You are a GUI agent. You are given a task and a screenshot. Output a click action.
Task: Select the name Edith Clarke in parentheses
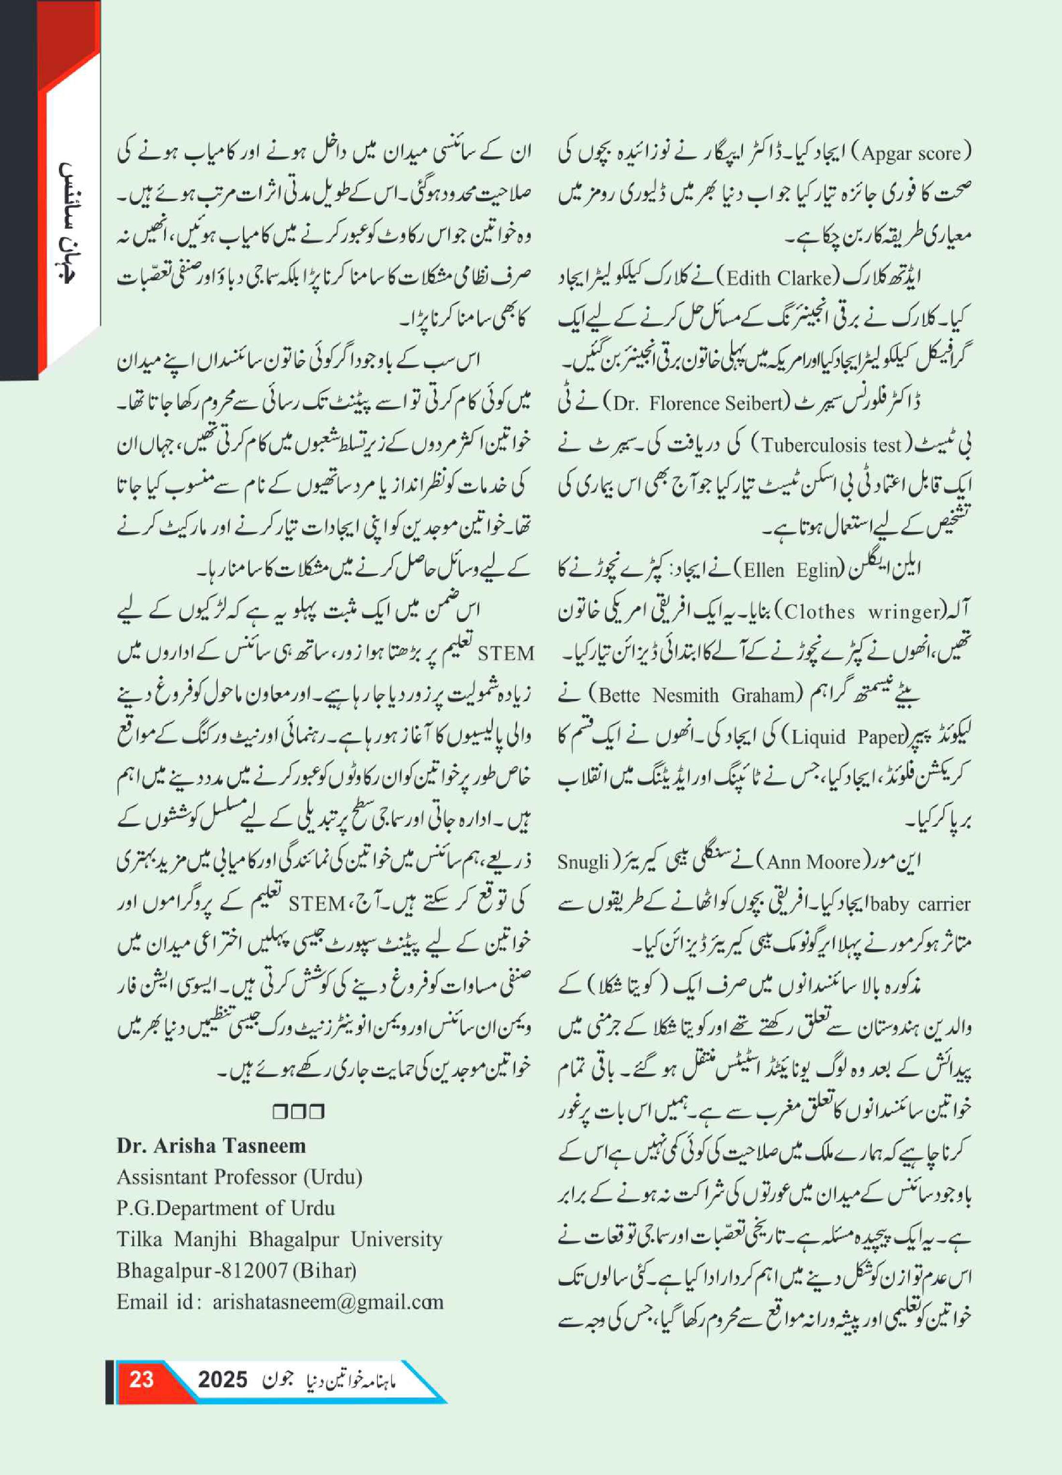[x=779, y=278]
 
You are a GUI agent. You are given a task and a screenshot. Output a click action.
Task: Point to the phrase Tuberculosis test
[x=831, y=445]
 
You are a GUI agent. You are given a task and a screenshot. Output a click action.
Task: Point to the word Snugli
[x=583, y=863]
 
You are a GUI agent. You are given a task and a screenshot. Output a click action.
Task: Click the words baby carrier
[x=923, y=904]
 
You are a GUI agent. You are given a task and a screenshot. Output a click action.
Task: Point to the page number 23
[x=141, y=1379]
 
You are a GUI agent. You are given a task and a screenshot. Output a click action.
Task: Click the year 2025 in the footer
[x=223, y=1379]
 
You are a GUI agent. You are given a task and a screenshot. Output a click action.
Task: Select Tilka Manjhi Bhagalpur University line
[x=279, y=1239]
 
